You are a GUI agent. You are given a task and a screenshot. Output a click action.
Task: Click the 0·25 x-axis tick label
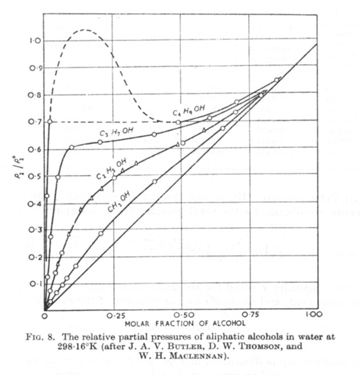coord(117,316)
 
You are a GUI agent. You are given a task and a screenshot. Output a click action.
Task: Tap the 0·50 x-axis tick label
coord(182,316)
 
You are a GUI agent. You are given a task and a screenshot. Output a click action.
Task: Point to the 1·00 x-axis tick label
coord(310,316)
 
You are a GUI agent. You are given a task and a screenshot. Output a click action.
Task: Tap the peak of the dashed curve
coord(84,29)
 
